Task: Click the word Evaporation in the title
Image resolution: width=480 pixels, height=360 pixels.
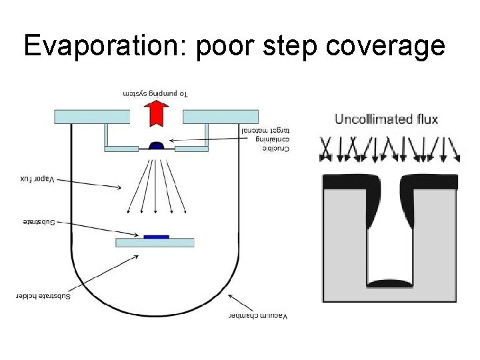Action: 106,46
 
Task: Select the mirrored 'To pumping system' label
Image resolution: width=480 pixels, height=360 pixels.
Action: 155,93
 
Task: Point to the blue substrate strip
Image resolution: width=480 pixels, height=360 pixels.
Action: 155,236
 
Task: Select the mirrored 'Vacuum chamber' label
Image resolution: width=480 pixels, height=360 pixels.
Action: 257,315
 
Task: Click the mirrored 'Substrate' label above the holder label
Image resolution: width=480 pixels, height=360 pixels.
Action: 37,221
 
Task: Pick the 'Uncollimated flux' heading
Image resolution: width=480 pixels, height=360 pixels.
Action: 386,120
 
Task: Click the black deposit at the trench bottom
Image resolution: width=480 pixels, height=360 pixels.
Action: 390,283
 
